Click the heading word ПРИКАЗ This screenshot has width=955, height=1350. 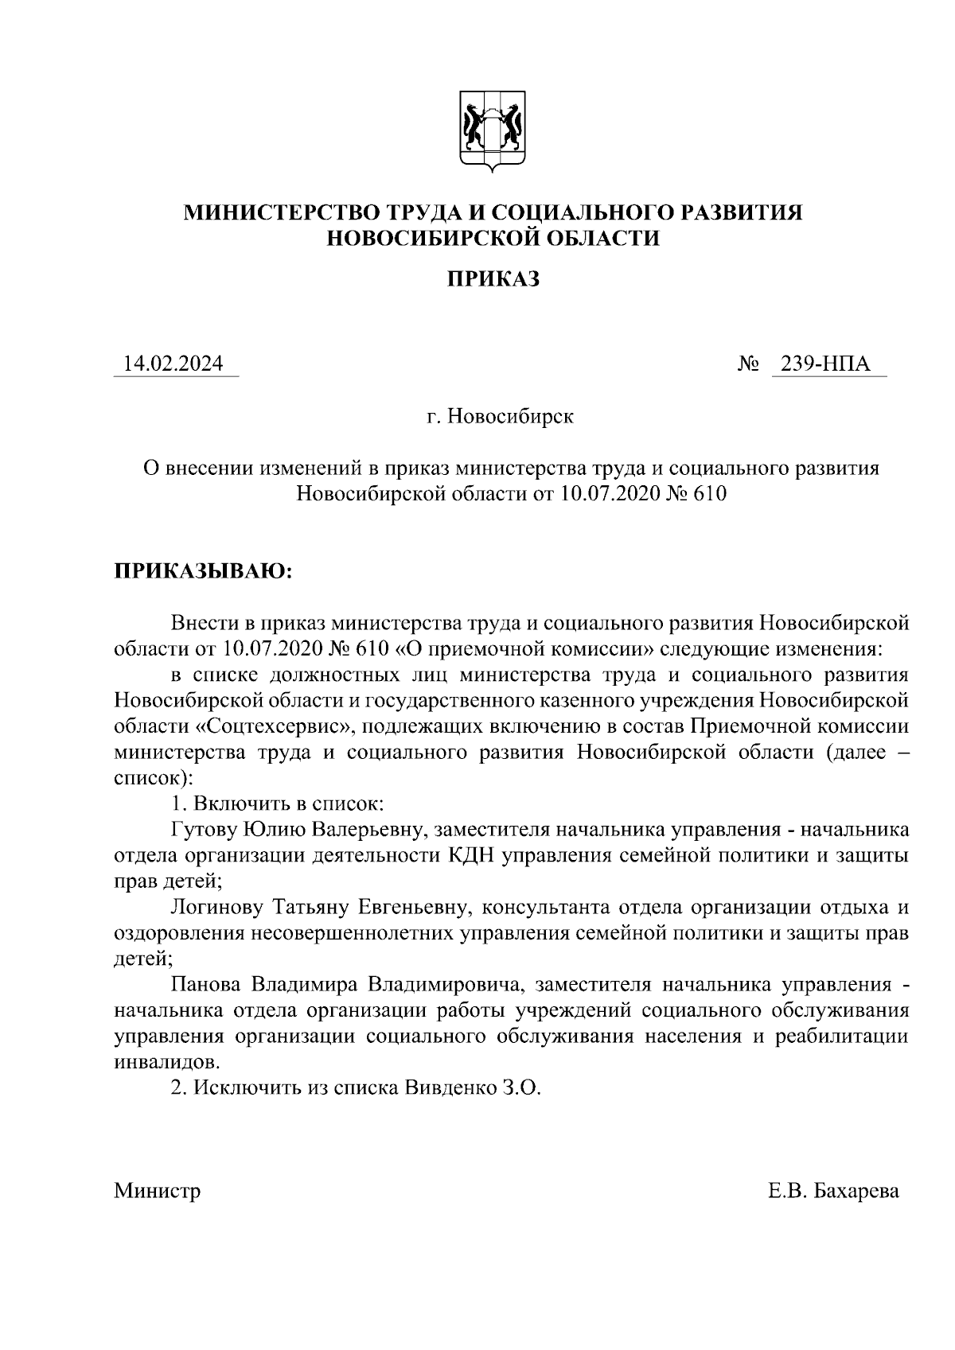coord(493,279)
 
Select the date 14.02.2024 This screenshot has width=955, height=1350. coord(173,364)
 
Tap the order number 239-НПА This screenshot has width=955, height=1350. coord(825,364)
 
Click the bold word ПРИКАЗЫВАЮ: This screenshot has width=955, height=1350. coord(204,571)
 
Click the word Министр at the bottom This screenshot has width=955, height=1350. coord(157,1191)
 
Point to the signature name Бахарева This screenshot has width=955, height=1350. coord(856,1191)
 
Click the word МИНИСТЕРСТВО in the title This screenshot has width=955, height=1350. coord(279,212)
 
